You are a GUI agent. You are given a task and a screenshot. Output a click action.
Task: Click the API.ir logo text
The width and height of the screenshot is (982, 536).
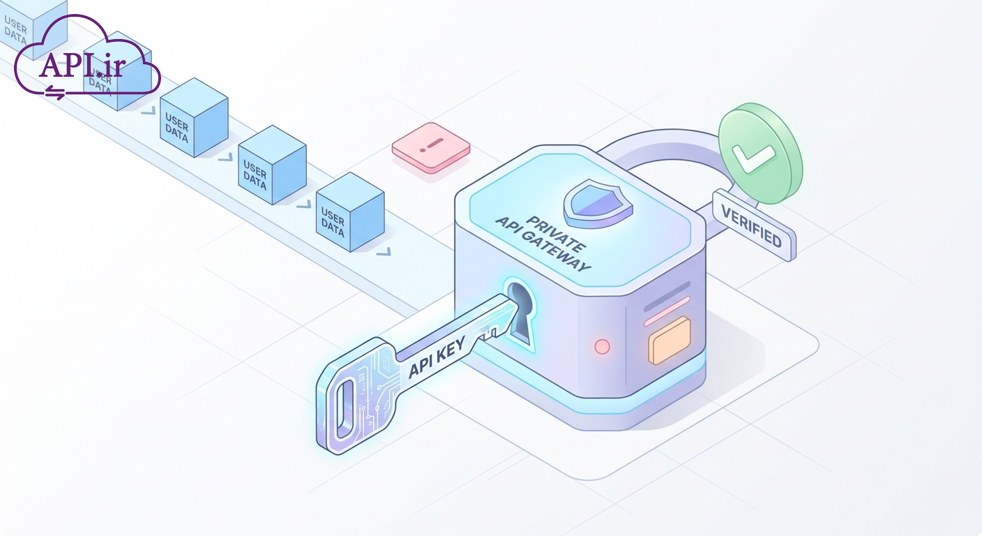tap(82, 66)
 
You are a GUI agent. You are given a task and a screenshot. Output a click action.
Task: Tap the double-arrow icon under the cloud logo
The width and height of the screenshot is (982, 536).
tap(55, 93)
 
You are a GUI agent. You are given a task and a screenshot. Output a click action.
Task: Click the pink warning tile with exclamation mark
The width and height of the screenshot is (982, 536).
tap(431, 147)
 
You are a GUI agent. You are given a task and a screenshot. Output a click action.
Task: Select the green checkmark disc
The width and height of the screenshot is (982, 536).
tap(761, 153)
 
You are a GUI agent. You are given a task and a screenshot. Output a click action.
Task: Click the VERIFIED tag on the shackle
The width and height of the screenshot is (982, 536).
tap(754, 225)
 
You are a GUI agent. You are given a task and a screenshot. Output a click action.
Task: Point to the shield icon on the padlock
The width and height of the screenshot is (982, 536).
tap(598, 204)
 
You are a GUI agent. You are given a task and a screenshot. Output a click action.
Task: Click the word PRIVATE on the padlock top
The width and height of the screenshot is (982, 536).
tap(555, 234)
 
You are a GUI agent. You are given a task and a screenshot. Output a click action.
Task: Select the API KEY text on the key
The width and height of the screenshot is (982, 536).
tap(437, 358)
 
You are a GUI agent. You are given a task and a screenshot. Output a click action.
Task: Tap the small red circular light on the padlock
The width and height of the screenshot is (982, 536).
tap(602, 346)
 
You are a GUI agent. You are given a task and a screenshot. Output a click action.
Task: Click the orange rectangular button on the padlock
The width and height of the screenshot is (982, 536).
tap(670, 341)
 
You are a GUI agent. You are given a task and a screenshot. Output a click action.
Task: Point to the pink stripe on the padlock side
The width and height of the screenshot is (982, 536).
tap(667, 311)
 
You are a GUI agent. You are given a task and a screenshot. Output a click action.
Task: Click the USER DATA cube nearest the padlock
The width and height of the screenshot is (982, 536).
tap(350, 212)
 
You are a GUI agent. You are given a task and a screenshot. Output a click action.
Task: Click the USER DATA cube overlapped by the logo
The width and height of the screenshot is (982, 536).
tap(117, 70)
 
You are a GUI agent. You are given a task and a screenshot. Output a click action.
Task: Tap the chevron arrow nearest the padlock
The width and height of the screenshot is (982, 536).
tap(384, 251)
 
